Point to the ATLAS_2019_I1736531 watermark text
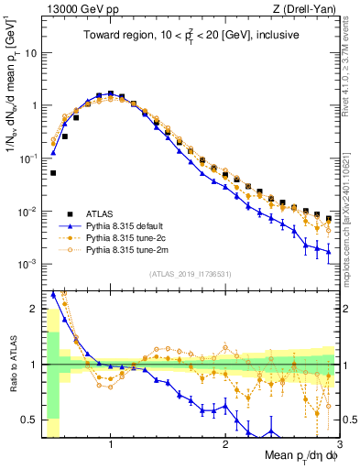coord(190,274)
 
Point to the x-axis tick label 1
coord(111,446)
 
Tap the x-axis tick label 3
coord(339,446)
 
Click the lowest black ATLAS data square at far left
coord(53,172)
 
